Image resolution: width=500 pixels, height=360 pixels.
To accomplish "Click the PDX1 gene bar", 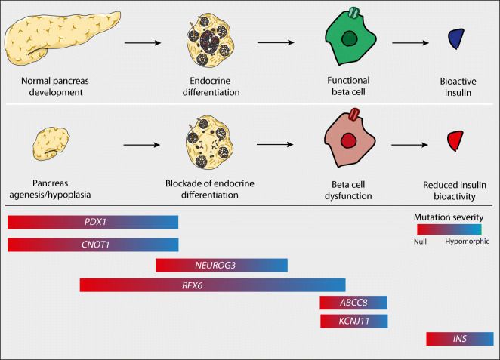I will click(x=93, y=222).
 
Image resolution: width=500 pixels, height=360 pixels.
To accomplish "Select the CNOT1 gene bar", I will click(x=93, y=245).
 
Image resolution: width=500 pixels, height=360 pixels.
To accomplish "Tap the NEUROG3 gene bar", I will click(x=221, y=265).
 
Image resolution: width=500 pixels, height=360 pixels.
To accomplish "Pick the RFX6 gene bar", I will click(x=212, y=285).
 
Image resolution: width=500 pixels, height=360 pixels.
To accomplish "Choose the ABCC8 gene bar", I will click(x=353, y=303).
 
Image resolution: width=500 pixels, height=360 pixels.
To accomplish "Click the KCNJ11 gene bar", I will click(x=353, y=322).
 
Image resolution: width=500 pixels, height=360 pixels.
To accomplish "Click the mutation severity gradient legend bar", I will click(x=449, y=229).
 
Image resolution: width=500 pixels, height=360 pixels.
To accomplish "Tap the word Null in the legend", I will click(x=421, y=241).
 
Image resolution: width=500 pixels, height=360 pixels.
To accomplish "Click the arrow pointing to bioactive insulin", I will click(x=412, y=44).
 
